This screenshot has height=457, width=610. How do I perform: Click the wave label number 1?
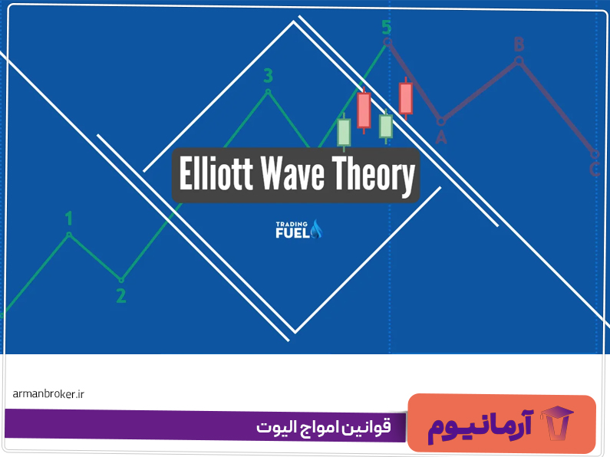click(69, 218)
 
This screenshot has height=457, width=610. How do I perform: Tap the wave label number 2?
click(120, 296)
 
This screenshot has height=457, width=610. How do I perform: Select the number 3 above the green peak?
click(268, 75)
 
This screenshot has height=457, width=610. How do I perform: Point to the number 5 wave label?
click(386, 28)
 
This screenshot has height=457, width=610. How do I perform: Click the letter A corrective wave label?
click(440, 137)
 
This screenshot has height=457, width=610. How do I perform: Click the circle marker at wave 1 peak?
click(69, 235)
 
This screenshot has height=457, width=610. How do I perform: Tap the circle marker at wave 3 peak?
click(268, 91)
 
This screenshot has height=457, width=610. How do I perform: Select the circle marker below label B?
click(519, 60)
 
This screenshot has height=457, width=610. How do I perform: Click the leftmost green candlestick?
click(344, 131)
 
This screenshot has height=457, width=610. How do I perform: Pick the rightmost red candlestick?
click(406, 97)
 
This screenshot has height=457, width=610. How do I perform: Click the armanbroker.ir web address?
click(48, 393)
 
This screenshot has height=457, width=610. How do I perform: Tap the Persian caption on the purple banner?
click(322, 426)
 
